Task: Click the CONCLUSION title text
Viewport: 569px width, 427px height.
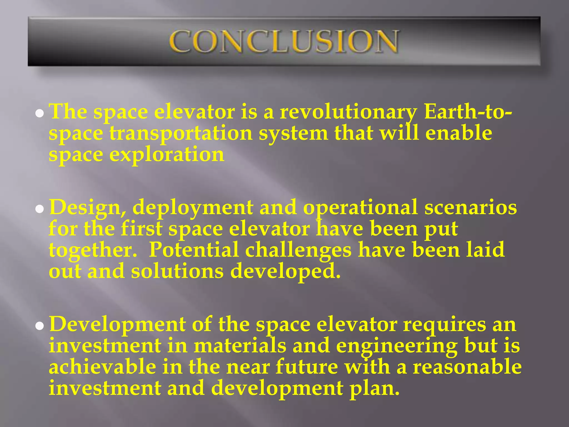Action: click(284, 42)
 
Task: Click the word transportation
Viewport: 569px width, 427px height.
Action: click(181, 133)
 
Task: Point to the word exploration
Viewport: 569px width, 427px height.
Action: click(167, 155)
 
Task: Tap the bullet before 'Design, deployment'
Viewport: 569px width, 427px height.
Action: click(40, 209)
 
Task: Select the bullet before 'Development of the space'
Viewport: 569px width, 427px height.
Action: click(40, 326)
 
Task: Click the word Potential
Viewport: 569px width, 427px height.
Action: click(194, 250)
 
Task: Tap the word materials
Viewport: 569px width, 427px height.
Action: click(240, 346)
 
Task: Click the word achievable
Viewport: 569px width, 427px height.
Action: click(103, 367)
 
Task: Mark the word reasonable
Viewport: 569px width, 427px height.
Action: click(467, 367)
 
